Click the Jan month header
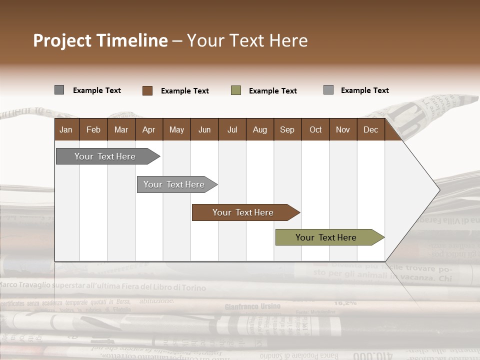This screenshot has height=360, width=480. click(66, 129)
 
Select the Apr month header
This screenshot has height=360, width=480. click(148, 129)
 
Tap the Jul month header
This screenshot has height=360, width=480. click(232, 129)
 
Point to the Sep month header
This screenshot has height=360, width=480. click(287, 129)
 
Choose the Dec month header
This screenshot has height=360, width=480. click(370, 129)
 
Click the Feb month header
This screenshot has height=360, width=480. click(93, 129)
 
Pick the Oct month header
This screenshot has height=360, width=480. click(315, 129)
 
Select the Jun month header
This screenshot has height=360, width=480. click(204, 129)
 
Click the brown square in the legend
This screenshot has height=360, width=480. click(147, 90)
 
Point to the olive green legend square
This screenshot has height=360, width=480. click(236, 90)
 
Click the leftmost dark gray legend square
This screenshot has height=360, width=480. click(59, 90)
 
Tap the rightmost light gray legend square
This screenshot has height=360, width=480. click(328, 90)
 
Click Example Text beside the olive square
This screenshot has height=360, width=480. click(272, 91)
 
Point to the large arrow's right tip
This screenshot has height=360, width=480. click(439, 190)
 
